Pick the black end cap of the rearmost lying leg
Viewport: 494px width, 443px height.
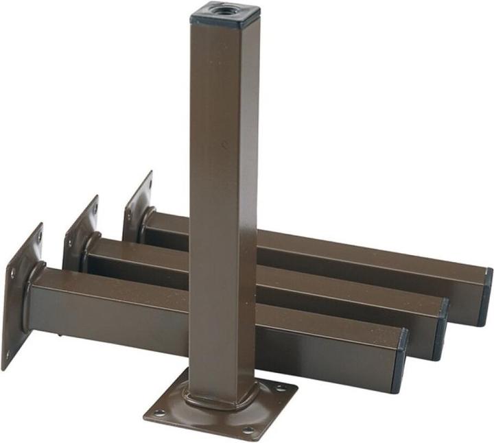pyautogui.click(x=486, y=296)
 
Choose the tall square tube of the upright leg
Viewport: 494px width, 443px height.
pyautogui.click(x=223, y=206)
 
